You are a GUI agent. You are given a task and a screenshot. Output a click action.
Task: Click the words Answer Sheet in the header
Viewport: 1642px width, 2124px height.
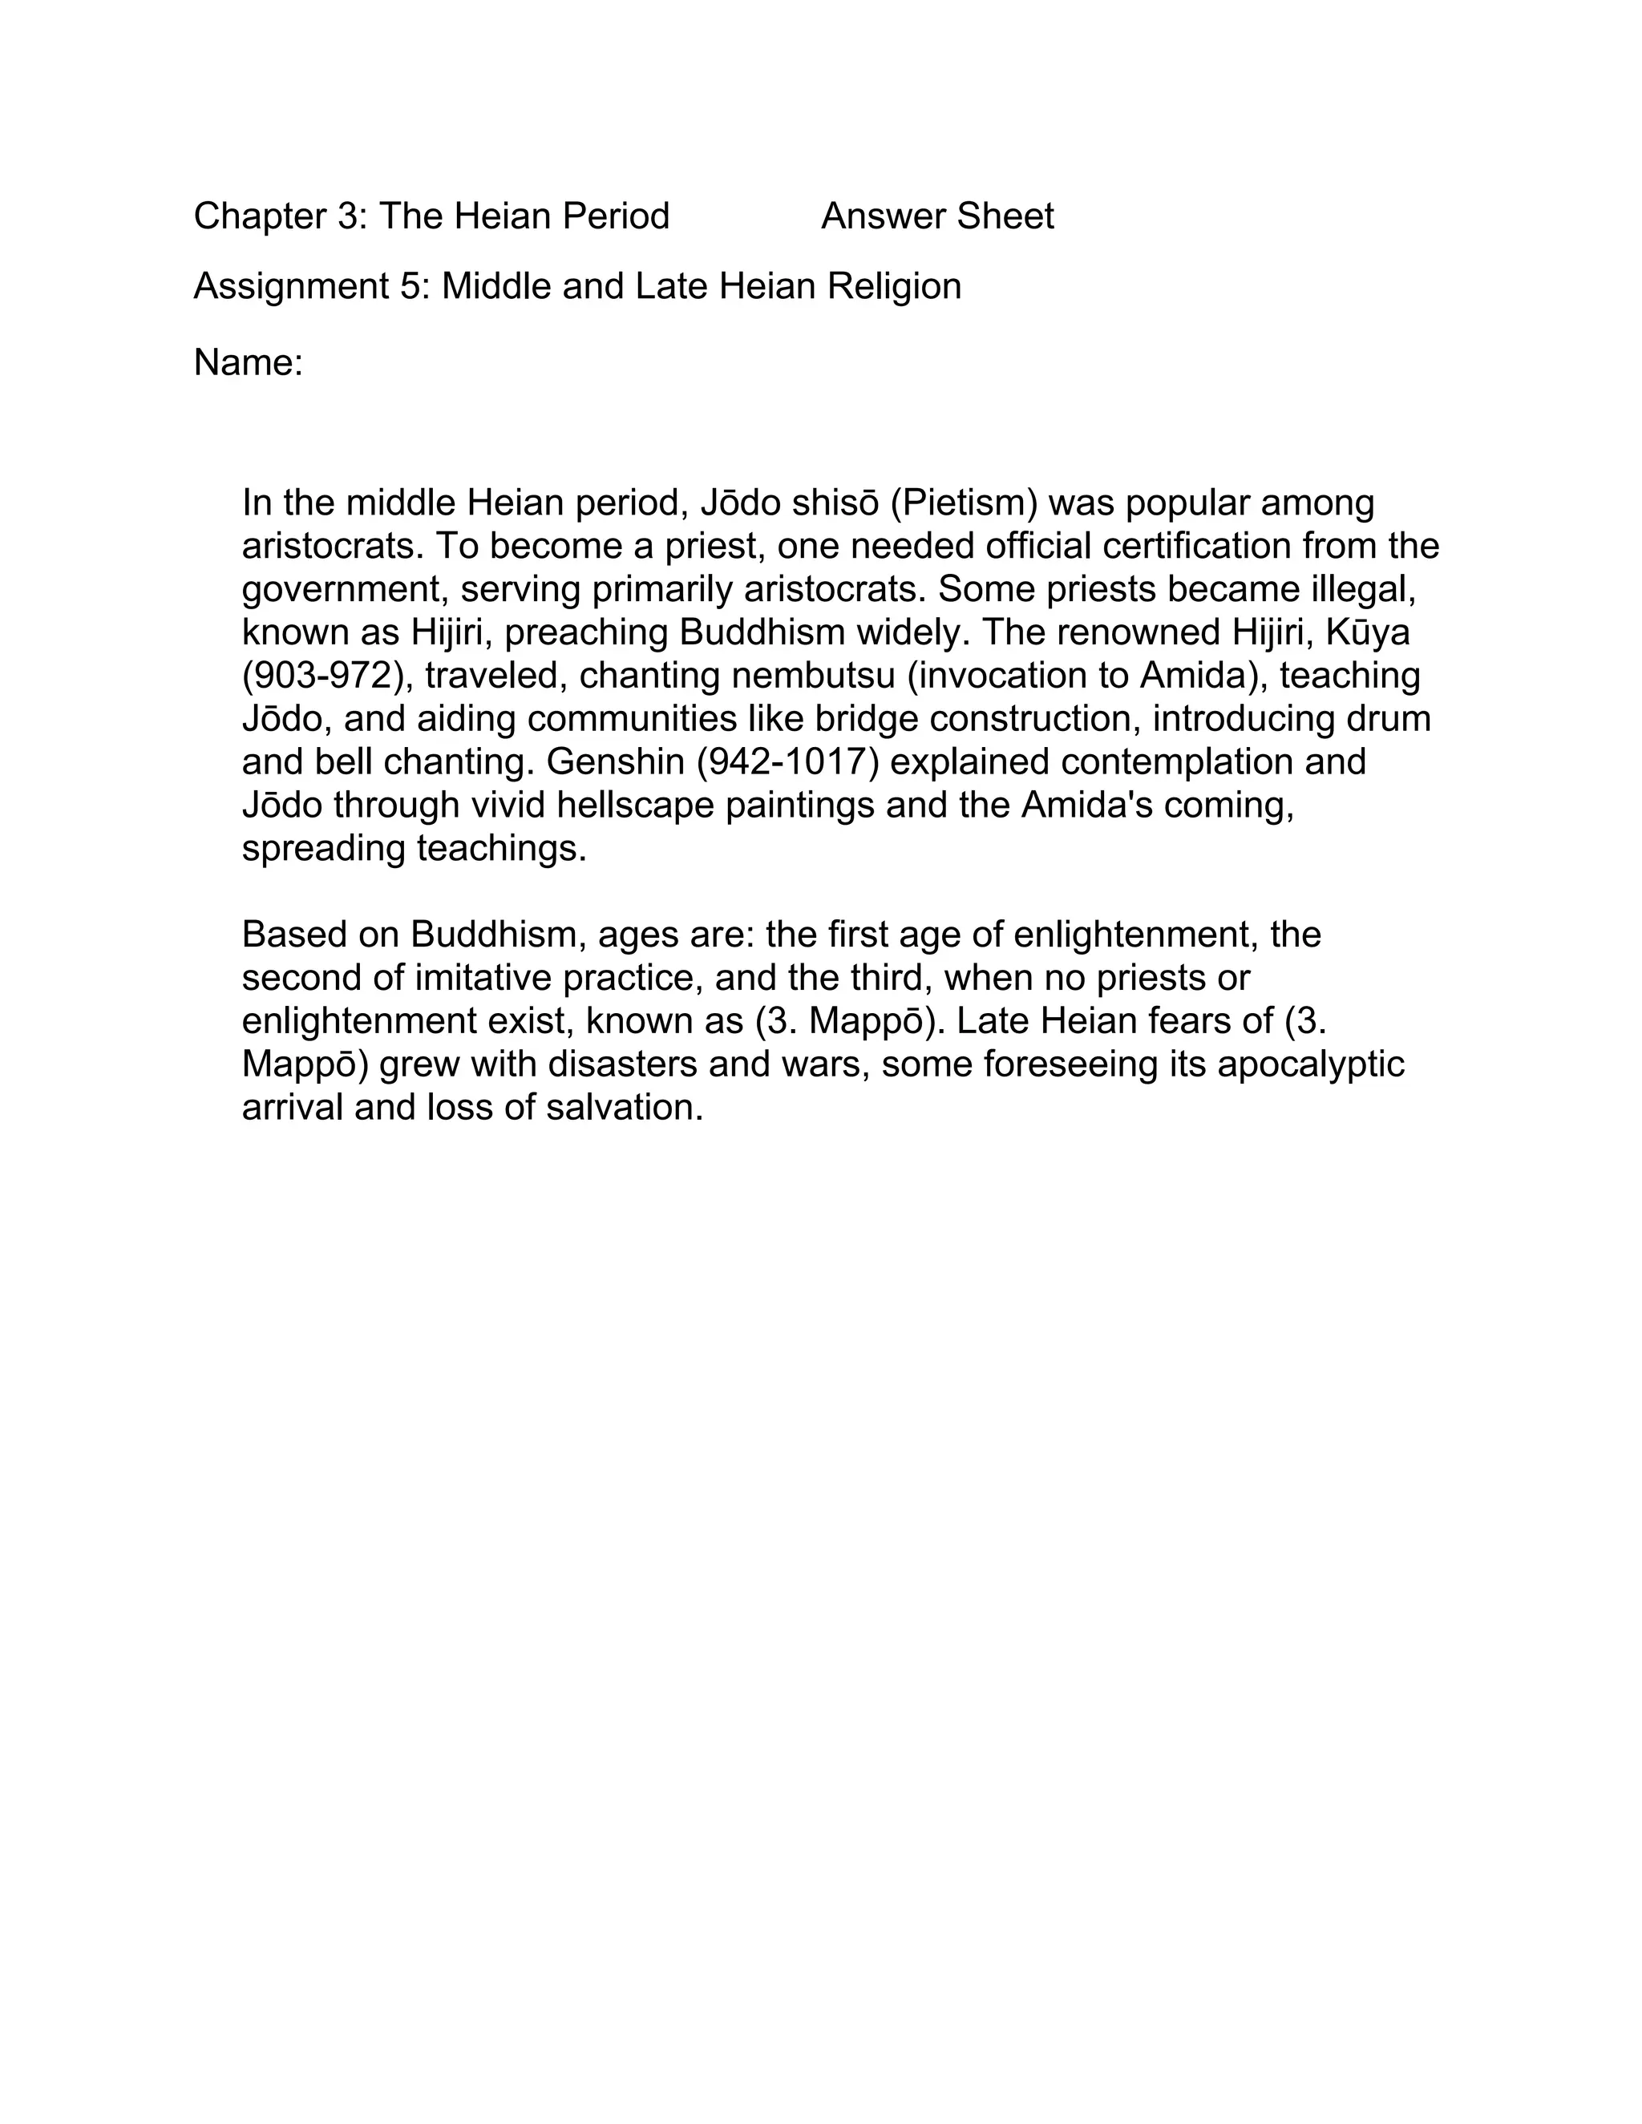point(936,216)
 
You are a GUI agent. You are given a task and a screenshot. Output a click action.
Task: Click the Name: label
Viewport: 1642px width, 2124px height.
point(248,363)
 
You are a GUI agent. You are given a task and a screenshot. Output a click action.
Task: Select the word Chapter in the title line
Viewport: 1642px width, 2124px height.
point(260,216)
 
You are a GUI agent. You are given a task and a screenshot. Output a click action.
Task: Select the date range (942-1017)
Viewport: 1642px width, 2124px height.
point(788,761)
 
